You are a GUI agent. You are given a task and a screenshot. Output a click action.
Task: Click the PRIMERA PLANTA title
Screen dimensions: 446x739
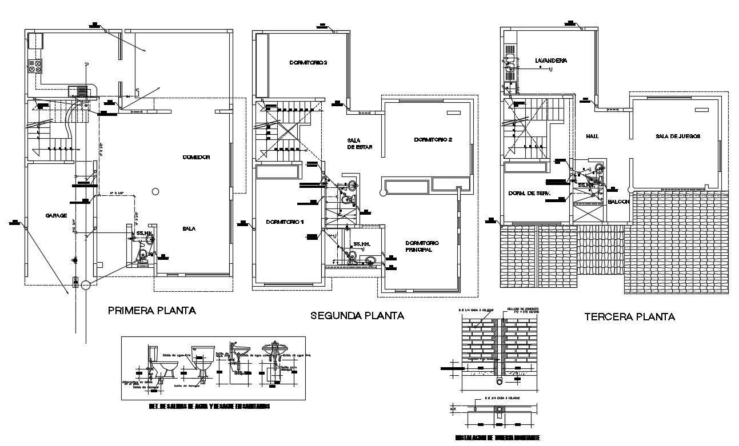(152, 311)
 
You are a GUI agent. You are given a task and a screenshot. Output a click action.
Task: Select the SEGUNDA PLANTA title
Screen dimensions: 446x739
(357, 315)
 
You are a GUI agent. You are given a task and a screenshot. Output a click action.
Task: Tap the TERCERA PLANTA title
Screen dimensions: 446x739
(630, 316)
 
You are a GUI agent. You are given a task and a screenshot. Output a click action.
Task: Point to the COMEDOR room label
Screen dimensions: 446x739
(197, 157)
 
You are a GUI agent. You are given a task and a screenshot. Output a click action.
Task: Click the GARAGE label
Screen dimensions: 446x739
(56, 216)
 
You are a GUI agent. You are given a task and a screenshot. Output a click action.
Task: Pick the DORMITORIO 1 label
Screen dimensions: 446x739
(285, 222)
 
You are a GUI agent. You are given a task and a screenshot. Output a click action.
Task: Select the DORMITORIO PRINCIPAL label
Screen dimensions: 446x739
(425, 246)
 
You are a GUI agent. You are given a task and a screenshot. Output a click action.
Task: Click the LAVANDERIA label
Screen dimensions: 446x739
(551, 61)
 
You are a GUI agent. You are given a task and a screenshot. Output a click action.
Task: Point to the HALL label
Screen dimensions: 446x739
(592, 137)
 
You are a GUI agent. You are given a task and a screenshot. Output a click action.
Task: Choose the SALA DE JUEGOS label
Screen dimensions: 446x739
(678, 136)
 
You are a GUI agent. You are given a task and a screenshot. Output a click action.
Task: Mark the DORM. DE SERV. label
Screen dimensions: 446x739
(529, 194)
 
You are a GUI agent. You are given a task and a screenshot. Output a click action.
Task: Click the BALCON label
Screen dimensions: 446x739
(618, 202)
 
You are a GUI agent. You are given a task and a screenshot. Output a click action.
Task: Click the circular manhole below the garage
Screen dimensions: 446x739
(85, 285)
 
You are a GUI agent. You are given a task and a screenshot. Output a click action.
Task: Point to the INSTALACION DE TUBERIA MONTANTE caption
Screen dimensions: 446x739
(497, 439)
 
